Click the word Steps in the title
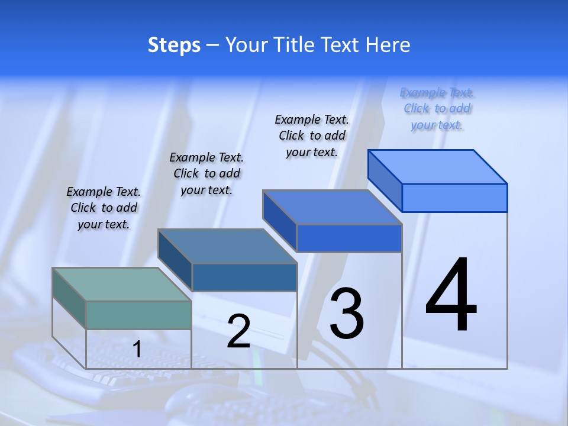click(173, 45)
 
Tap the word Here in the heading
click(388, 45)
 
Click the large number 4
click(451, 295)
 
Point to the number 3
click(347, 314)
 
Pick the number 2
click(238, 331)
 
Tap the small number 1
click(137, 350)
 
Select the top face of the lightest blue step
click(438, 166)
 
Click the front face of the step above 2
click(244, 277)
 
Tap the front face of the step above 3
click(349, 238)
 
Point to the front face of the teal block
click(138, 315)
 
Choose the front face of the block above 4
click(454, 198)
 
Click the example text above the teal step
click(104, 208)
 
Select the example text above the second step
click(206, 173)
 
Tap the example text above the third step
click(312, 135)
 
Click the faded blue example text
click(437, 108)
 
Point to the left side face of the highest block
click(385, 180)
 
